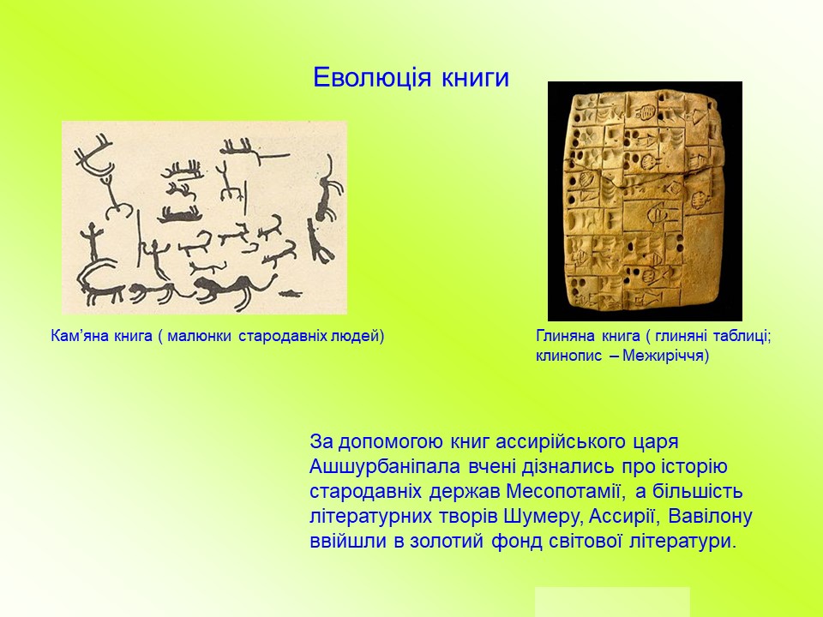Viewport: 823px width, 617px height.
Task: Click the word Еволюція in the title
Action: tap(372, 78)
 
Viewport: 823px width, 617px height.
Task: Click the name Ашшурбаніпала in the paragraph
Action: tap(385, 466)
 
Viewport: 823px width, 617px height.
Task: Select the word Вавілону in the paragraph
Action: tap(711, 517)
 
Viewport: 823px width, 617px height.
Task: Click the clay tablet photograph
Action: tap(645, 201)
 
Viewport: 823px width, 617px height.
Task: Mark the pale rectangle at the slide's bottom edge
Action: tap(612, 602)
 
